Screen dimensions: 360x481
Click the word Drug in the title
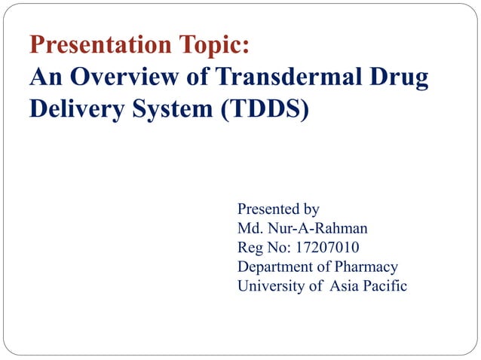click(400, 78)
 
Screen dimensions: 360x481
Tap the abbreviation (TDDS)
click(265, 108)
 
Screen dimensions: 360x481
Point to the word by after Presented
click(311, 209)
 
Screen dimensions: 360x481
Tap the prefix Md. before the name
click(250, 228)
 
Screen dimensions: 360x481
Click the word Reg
click(250, 248)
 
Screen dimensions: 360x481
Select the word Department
click(276, 267)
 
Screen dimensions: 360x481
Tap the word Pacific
click(385, 286)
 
